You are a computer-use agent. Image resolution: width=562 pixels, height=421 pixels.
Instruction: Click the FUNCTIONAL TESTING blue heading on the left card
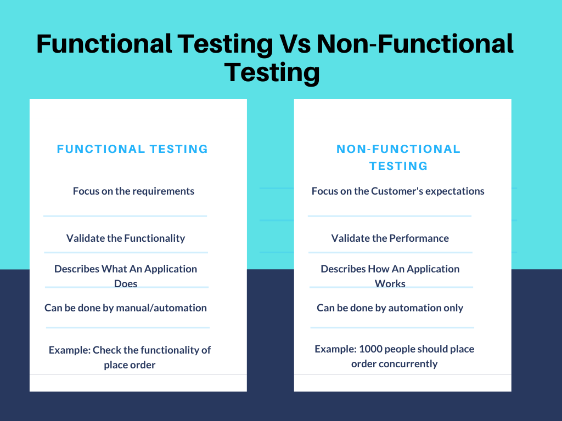pyautogui.click(x=133, y=149)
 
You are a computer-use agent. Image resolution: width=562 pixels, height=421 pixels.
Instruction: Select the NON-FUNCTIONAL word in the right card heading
pyautogui.click(x=398, y=149)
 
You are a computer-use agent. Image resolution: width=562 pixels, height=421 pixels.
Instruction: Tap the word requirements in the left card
pyautogui.click(x=163, y=191)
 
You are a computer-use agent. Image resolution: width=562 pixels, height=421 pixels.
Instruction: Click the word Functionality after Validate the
pyautogui.click(x=155, y=238)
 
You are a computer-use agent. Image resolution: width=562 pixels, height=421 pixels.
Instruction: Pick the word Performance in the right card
pyautogui.click(x=419, y=238)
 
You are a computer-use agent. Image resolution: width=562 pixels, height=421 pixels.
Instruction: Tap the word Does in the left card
pyautogui.click(x=126, y=284)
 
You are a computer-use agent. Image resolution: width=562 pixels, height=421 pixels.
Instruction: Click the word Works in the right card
pyautogui.click(x=390, y=284)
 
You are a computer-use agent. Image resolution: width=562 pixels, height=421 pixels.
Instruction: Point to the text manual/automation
pyautogui.click(x=168, y=308)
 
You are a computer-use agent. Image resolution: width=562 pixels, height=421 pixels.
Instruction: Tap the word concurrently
pyautogui.click(x=408, y=364)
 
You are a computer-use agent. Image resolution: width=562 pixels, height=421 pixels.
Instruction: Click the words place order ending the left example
pyautogui.click(x=130, y=365)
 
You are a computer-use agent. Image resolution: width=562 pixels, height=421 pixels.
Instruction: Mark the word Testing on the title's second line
pyautogui.click(x=272, y=72)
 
